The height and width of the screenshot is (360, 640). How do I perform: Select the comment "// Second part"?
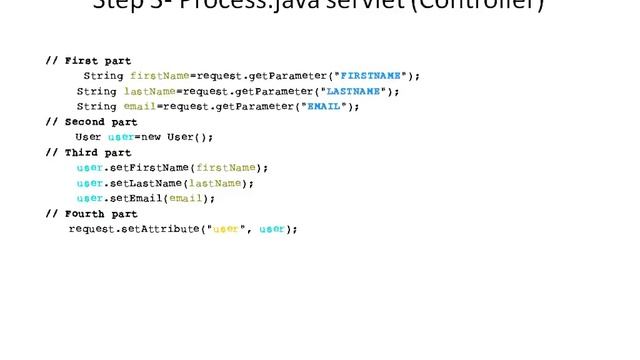(x=91, y=122)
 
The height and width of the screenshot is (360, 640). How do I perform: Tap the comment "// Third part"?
(x=88, y=153)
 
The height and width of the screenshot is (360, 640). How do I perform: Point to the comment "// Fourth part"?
(x=91, y=214)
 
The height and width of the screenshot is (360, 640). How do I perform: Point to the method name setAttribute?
(x=165, y=229)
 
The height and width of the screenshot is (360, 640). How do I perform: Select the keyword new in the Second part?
(x=148, y=137)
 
